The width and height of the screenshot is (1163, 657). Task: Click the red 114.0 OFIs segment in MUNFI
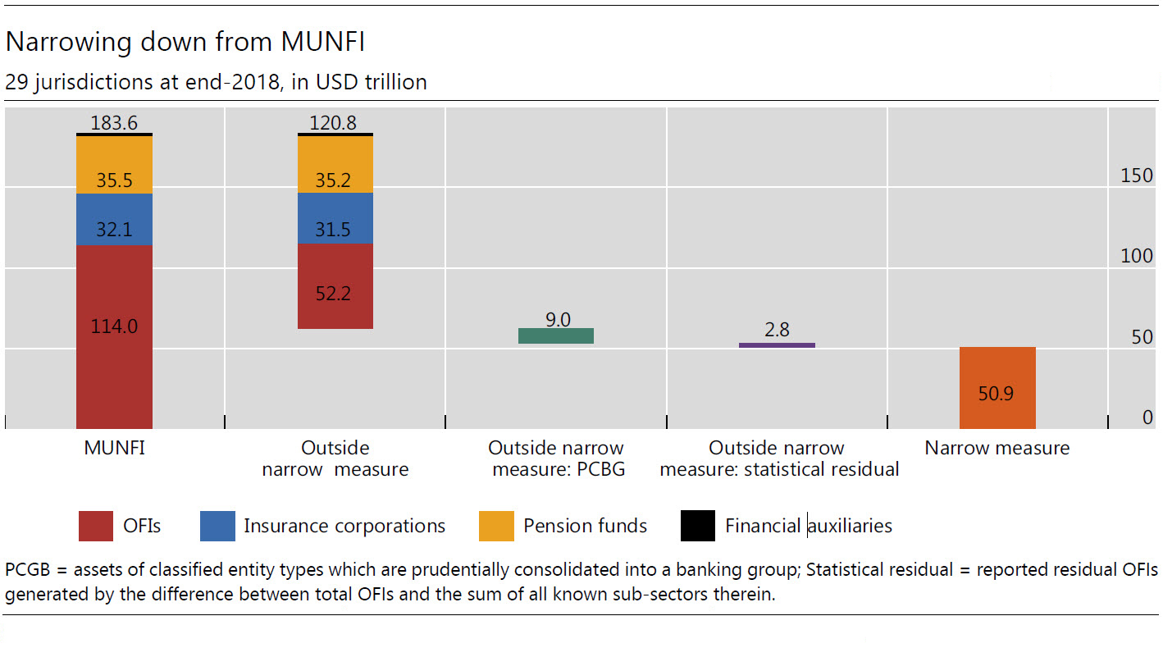[x=114, y=336]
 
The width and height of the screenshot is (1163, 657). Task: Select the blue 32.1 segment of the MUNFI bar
[x=114, y=219]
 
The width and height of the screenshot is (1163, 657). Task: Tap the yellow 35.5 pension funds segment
[x=114, y=165]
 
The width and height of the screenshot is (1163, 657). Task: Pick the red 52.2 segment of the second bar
[x=335, y=286]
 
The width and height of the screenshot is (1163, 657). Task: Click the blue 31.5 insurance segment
[x=335, y=218]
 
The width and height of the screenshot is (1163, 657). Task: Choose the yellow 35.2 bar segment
[x=335, y=164]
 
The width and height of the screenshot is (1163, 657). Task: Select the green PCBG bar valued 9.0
[x=556, y=335]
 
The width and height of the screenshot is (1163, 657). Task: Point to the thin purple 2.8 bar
[x=777, y=344]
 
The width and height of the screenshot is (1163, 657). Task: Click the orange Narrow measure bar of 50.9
[x=997, y=388]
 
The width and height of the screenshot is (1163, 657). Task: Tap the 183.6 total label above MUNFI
[x=114, y=123]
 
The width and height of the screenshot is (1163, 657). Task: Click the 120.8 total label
[x=333, y=123]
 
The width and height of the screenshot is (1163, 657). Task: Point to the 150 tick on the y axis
[x=1137, y=176]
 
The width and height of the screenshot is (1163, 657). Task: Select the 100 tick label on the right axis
[x=1137, y=256]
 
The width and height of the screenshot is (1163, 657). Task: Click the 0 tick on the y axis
[x=1148, y=417]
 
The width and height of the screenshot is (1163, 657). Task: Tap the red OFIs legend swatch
[x=95, y=526]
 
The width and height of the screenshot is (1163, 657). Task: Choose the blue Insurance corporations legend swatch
[x=217, y=526]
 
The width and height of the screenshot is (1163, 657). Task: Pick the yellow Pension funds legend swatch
[x=496, y=526]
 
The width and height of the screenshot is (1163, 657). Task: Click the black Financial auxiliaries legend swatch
[x=698, y=526]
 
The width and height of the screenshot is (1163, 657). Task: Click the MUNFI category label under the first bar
[x=114, y=448]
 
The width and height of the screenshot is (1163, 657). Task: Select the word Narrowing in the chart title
[x=68, y=42]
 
